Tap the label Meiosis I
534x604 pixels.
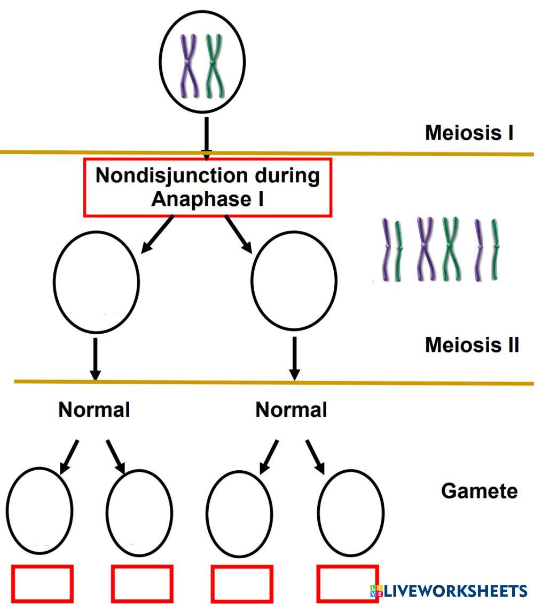(x=469, y=133)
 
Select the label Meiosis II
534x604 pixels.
(x=472, y=345)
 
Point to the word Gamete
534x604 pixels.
(x=479, y=490)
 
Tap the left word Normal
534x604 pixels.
(x=94, y=410)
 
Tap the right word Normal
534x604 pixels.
(x=291, y=410)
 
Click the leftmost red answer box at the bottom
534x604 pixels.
(x=42, y=583)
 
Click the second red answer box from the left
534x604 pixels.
(x=142, y=583)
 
